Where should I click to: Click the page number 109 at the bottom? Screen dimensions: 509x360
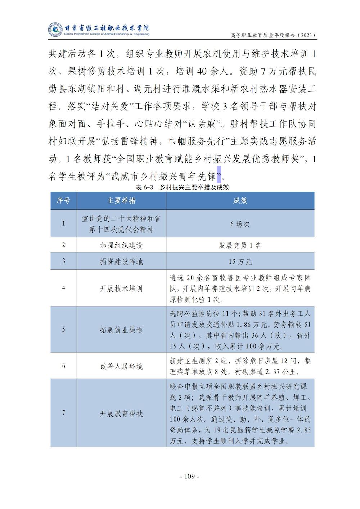189,477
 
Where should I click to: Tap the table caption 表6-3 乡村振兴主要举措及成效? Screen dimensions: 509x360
183,187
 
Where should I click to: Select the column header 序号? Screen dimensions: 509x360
63,201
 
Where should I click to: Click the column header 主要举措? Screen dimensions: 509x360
121,201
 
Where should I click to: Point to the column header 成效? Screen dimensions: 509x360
240,201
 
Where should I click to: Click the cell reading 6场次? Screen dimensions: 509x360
240,224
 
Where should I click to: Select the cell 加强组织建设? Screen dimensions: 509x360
121,246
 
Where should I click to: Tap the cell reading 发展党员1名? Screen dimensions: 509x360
240,246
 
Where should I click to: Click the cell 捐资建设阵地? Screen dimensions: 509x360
121,262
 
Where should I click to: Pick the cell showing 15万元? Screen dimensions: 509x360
240,262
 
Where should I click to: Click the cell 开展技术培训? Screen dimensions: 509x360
121,289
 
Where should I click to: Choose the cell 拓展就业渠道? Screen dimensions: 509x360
121,330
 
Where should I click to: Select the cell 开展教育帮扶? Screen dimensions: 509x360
121,414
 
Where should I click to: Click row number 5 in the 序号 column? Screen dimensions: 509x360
64,329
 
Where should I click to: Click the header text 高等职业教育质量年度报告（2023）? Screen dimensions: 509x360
273,35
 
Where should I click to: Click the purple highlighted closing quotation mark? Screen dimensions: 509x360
219,176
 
